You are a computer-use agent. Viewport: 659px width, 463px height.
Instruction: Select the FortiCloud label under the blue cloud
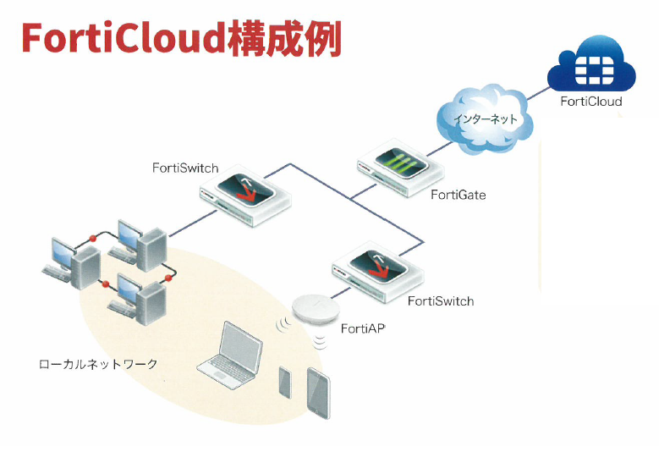pos(591,102)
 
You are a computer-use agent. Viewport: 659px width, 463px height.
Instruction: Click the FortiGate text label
pos(459,196)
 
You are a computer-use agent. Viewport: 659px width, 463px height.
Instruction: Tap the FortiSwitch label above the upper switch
pos(185,168)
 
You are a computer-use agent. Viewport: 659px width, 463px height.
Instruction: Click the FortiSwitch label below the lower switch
pos(441,300)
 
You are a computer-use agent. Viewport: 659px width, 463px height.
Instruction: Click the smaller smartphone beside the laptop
pos(284,383)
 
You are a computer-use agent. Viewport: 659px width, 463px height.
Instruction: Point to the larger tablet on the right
pos(318,392)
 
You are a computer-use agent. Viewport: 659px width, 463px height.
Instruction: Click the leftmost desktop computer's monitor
pos(63,251)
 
